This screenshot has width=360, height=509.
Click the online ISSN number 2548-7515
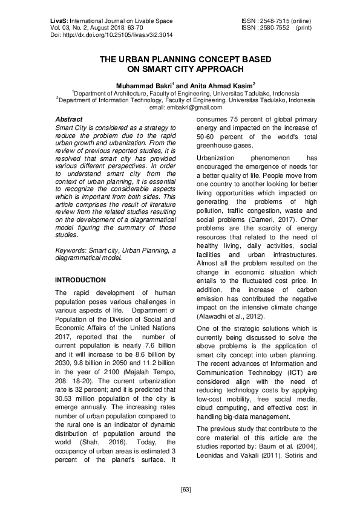click(x=272, y=21)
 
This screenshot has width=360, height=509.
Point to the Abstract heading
click(x=68, y=120)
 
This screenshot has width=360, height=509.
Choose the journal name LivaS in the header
click(x=58, y=21)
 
